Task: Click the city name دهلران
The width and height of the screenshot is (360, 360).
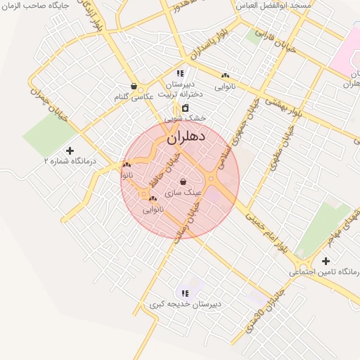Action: coord(186,137)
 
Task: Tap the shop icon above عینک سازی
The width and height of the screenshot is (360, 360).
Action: coord(183,181)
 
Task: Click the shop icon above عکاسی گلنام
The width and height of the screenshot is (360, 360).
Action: coord(134,86)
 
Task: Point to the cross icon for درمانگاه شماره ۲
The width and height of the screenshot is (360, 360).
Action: coord(70,150)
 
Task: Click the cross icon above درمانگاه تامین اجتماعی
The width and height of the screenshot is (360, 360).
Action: coord(326,262)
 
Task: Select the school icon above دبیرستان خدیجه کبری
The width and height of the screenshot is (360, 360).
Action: coord(185,293)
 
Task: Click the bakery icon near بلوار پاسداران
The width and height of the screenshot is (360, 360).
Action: coord(225,75)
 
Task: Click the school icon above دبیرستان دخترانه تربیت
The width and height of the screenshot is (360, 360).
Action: coord(180,73)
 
